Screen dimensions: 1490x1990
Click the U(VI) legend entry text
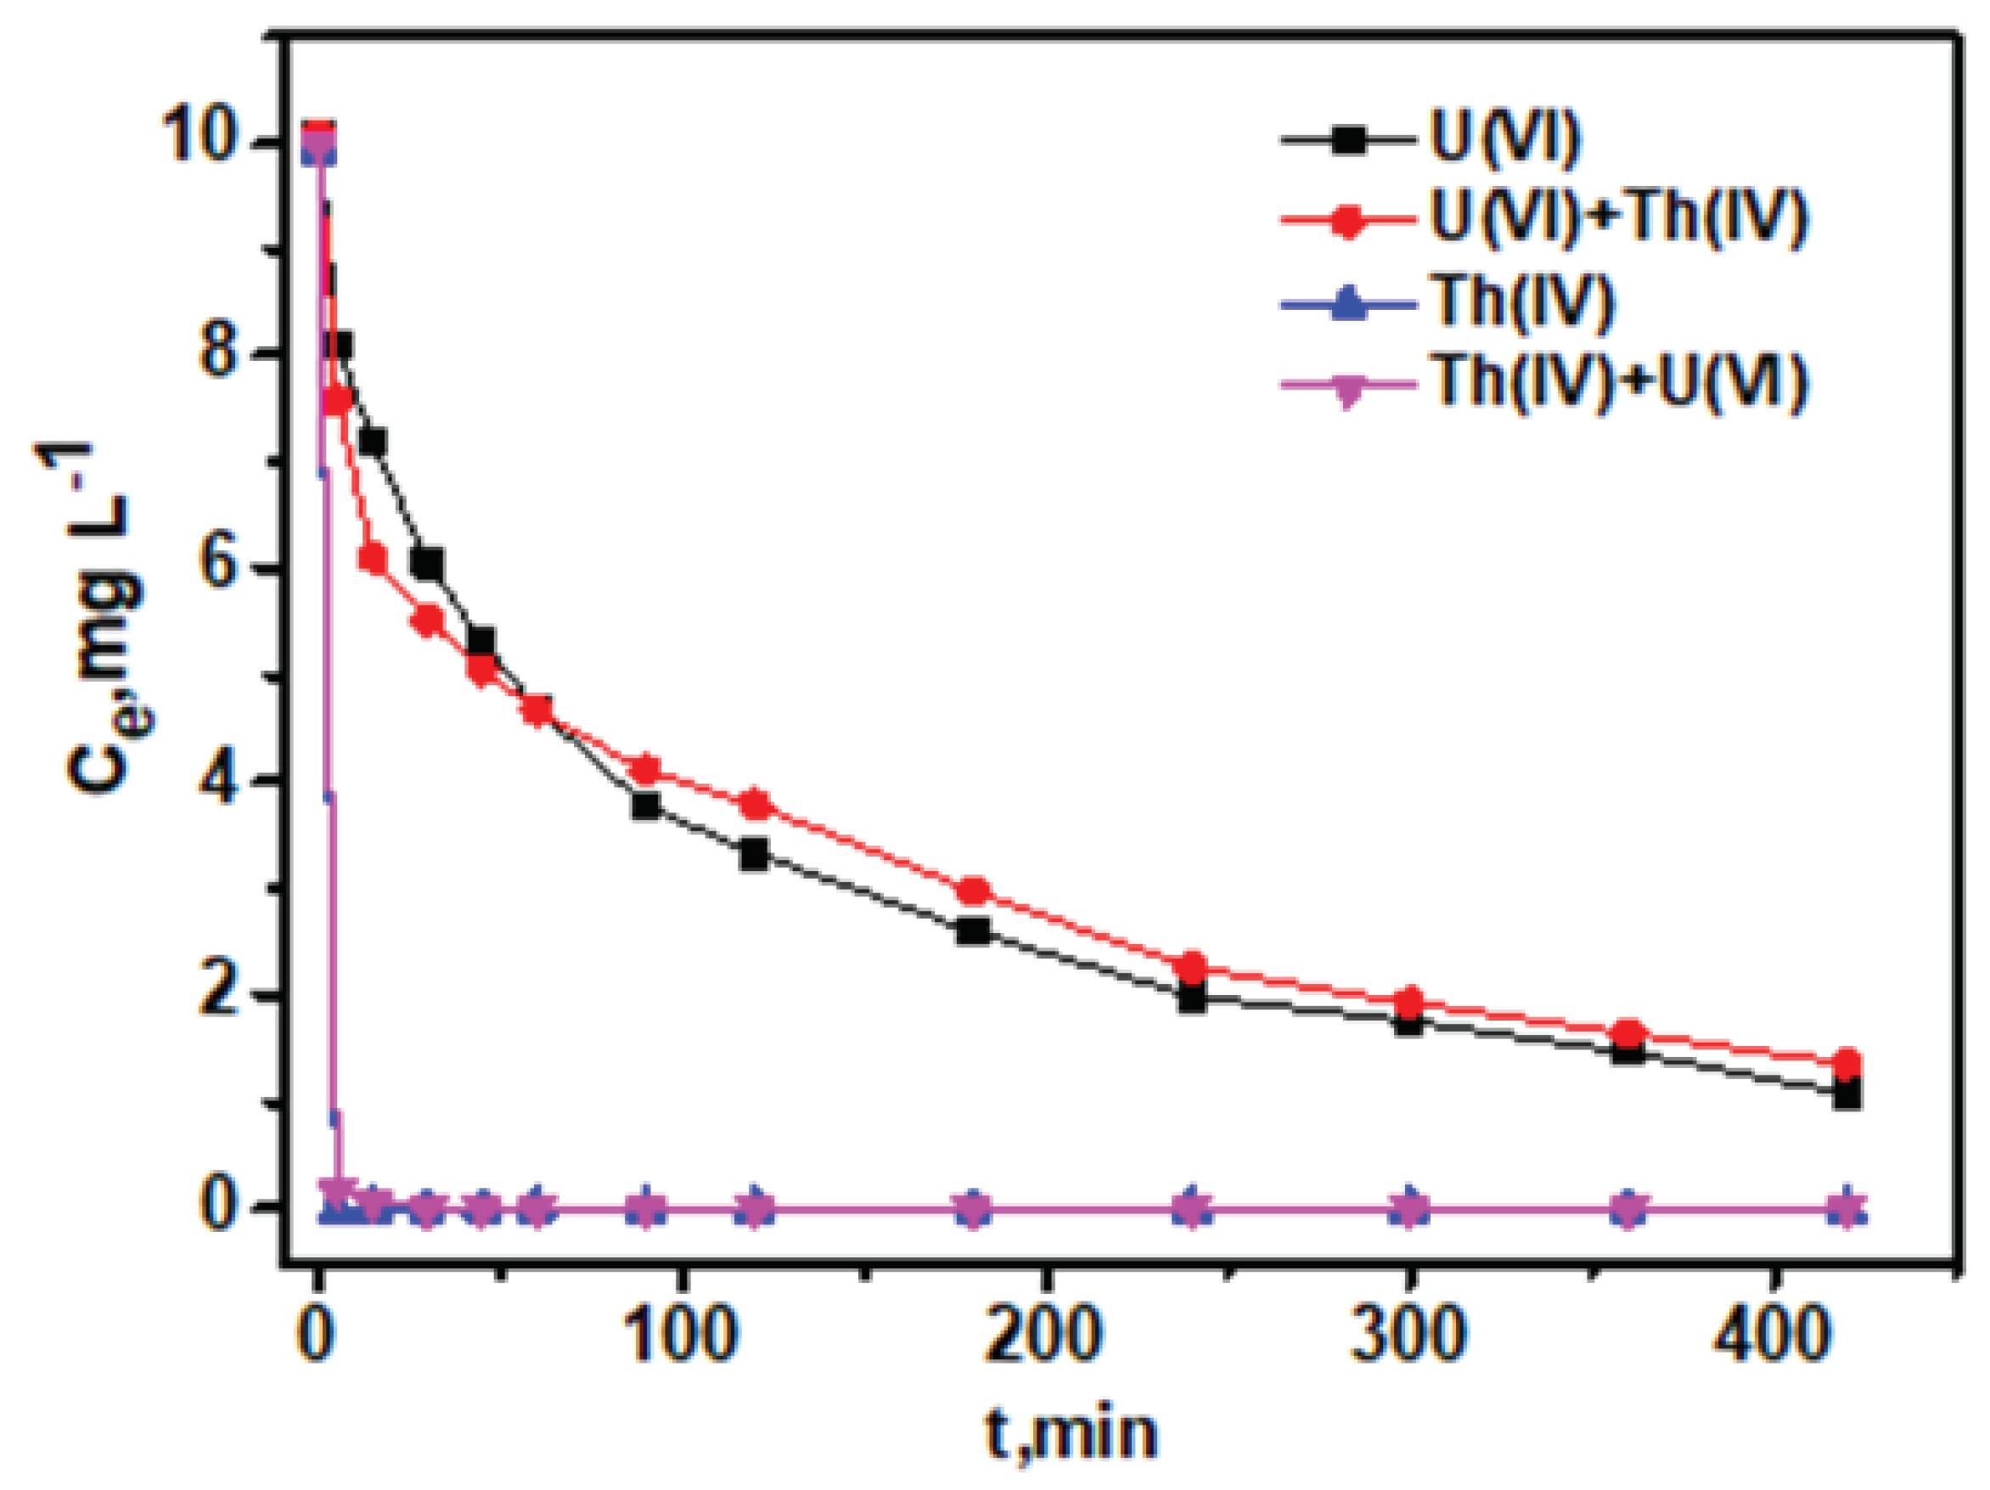1504,140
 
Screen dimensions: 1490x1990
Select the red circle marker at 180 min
974,891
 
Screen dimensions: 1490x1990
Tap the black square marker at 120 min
754,854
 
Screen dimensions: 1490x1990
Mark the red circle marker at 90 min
646,769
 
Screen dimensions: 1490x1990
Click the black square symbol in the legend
1347,140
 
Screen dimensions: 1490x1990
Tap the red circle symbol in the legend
1347,222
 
